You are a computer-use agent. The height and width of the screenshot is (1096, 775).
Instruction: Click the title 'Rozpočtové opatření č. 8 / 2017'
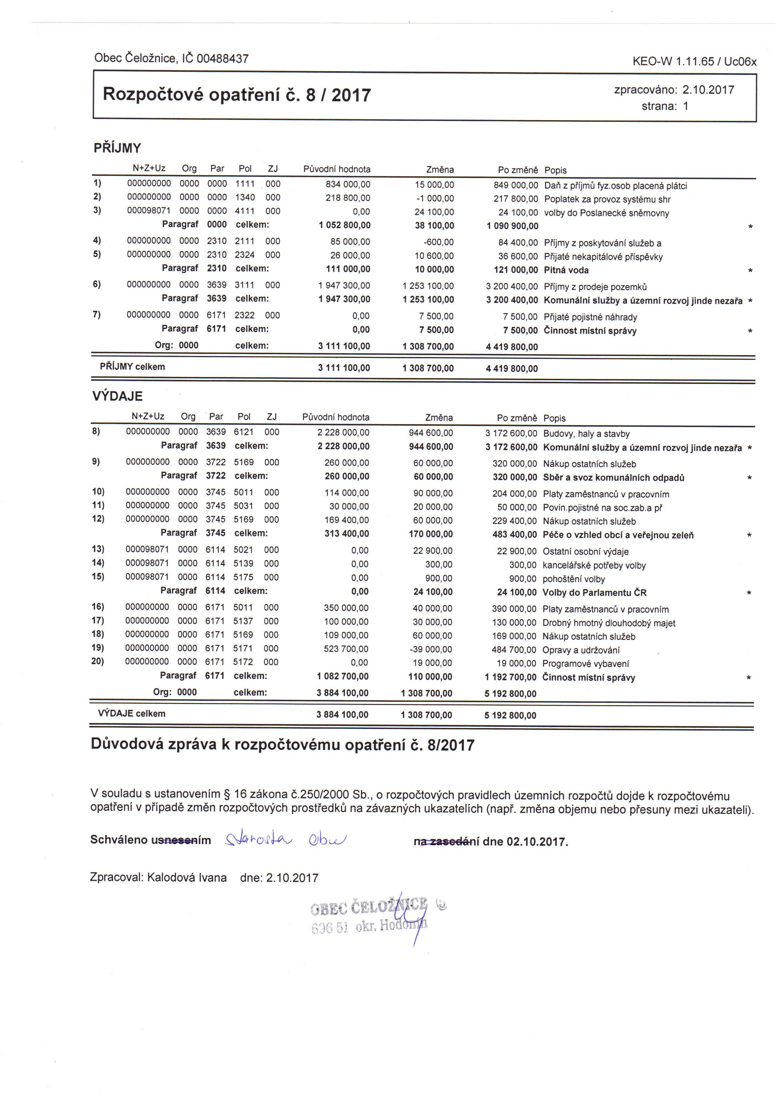[x=236, y=95]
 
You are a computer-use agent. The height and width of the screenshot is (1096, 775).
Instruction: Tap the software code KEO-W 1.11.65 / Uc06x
[x=694, y=61]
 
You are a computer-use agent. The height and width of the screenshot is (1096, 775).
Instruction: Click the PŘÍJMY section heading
[x=117, y=148]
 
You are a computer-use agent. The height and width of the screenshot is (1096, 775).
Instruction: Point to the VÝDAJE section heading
[x=117, y=396]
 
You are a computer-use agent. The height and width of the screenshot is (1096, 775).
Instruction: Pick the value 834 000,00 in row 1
[x=348, y=184]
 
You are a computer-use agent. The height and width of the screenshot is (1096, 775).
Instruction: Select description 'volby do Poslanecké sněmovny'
[x=606, y=213]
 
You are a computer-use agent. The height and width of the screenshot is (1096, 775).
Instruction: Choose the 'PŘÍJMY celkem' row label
[x=132, y=367]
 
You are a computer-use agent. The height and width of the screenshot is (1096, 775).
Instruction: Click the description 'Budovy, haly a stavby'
[x=586, y=434]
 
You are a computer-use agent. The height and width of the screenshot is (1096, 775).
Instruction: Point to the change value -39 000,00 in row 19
[x=433, y=649]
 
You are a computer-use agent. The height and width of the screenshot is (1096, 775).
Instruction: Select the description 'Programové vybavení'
[x=585, y=663]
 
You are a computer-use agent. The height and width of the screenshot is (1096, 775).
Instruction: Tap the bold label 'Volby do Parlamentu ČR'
[x=594, y=593]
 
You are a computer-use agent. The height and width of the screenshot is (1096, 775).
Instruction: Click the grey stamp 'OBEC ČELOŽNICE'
[x=369, y=906]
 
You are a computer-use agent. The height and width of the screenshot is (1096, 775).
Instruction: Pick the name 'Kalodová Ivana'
[x=187, y=877]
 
